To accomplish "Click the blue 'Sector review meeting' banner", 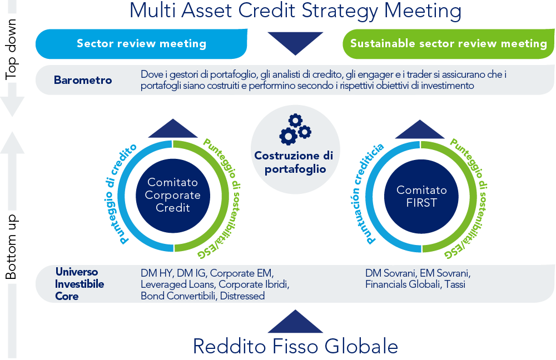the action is point(141,43).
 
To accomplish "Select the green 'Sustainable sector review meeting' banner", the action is point(449,43).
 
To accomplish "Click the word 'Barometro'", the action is point(83,80).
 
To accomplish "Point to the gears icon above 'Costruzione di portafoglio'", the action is point(295,129).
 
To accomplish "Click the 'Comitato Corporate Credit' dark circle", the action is point(173,196).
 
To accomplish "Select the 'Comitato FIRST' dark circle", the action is point(421,196).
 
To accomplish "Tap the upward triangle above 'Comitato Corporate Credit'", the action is point(173,128).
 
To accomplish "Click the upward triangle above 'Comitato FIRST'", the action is point(420,129).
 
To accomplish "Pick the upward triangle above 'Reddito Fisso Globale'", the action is point(295,321).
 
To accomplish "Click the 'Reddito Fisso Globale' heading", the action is point(295,346).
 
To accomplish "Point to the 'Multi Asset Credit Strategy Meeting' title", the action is point(295,11).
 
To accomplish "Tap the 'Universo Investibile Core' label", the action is point(80,284).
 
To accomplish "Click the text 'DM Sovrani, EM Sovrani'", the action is point(418,273).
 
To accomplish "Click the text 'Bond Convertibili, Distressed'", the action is point(202,296).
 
